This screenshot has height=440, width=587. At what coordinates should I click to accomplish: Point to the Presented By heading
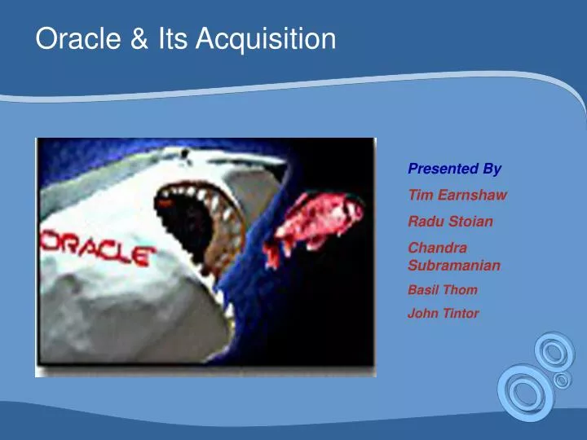(454, 169)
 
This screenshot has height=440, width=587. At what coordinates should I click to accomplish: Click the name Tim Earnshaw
(457, 195)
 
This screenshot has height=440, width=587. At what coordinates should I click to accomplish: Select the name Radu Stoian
(450, 221)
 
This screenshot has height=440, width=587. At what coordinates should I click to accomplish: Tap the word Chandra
(436, 248)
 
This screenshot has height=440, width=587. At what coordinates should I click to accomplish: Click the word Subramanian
(453, 265)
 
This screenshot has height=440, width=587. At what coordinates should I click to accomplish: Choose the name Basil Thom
(442, 289)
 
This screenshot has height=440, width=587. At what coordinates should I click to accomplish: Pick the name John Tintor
(443, 313)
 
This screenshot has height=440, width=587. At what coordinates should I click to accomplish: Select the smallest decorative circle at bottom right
(561, 381)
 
